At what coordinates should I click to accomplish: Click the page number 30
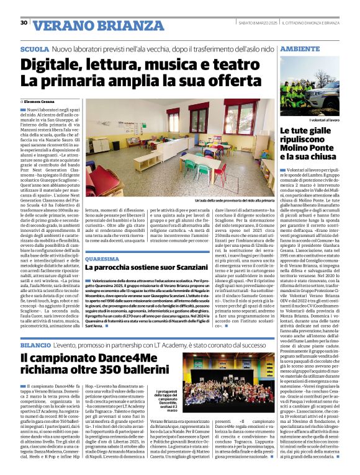pyautogui.click(x=24, y=23)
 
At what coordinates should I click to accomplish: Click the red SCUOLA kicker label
pyautogui.click(x=35, y=48)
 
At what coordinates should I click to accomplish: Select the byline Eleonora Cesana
pyautogui.click(x=40, y=100)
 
